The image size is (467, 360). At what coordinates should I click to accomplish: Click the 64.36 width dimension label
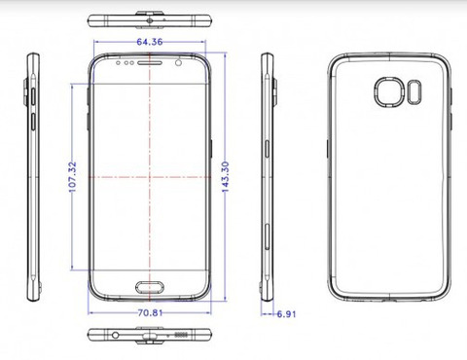click(x=150, y=42)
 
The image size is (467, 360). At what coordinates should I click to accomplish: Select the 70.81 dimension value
click(x=150, y=313)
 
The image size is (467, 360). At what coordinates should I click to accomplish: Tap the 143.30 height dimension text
click(x=226, y=177)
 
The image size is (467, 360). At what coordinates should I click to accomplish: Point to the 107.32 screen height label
click(x=73, y=177)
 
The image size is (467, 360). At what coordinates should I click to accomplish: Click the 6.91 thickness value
click(x=286, y=314)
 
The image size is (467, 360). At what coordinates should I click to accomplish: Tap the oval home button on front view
click(x=150, y=287)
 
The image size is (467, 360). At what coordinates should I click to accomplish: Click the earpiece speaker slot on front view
click(x=150, y=62)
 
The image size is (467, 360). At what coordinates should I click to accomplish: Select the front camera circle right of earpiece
click(x=178, y=62)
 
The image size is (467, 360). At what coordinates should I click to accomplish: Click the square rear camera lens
click(x=389, y=91)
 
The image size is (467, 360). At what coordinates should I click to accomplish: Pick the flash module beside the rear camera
click(x=414, y=92)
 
